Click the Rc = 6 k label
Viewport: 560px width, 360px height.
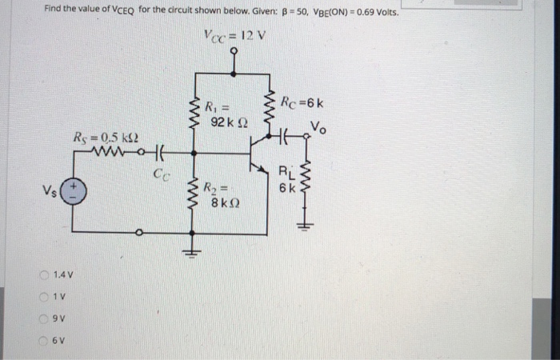click(x=302, y=102)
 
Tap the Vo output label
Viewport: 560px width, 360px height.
click(x=318, y=125)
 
